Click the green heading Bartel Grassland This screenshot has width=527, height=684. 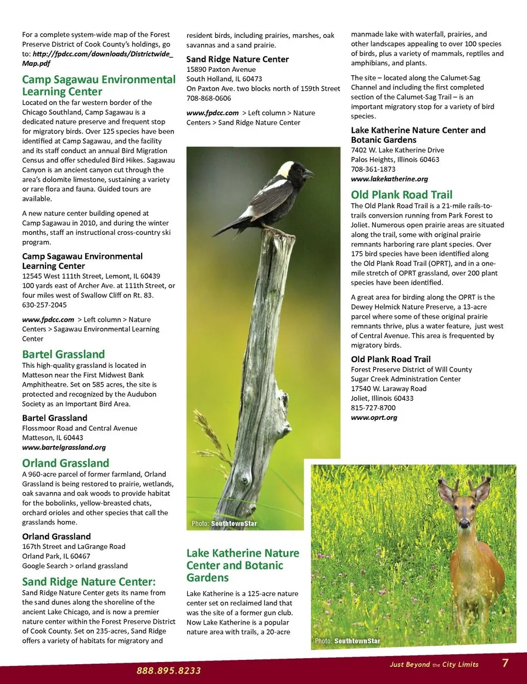click(63, 355)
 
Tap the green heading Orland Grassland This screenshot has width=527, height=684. click(65, 463)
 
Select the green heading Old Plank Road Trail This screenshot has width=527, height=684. click(401, 195)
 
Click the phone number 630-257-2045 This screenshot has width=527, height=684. click(44, 305)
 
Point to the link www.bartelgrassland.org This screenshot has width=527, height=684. click(64, 447)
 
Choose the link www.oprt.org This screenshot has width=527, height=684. click(374, 418)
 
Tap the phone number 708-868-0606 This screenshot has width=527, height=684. click(209, 98)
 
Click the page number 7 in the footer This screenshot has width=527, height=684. click(505, 663)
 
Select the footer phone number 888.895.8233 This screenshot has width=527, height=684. click(169, 671)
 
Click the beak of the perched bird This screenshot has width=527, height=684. click(310, 173)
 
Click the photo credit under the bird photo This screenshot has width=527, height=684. click(224, 524)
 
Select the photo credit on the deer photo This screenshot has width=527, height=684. click(347, 641)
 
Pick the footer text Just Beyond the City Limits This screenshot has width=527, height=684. click(434, 665)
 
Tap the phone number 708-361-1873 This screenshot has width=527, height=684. click(373, 169)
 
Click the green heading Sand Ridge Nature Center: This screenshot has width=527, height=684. click(89, 582)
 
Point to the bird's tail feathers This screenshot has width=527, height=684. click(228, 228)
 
